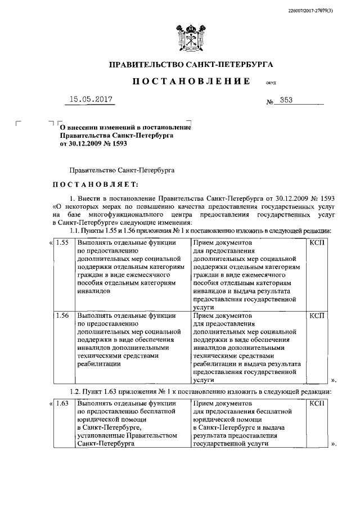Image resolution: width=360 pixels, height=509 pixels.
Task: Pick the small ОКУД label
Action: [x=271, y=83]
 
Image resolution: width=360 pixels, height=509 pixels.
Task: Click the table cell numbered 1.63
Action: [x=62, y=403]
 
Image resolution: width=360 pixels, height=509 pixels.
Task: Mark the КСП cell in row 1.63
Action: [x=317, y=403]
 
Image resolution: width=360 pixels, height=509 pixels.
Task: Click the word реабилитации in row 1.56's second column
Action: [x=98, y=364]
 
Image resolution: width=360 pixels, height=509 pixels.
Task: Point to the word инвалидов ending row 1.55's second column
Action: [x=94, y=291]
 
